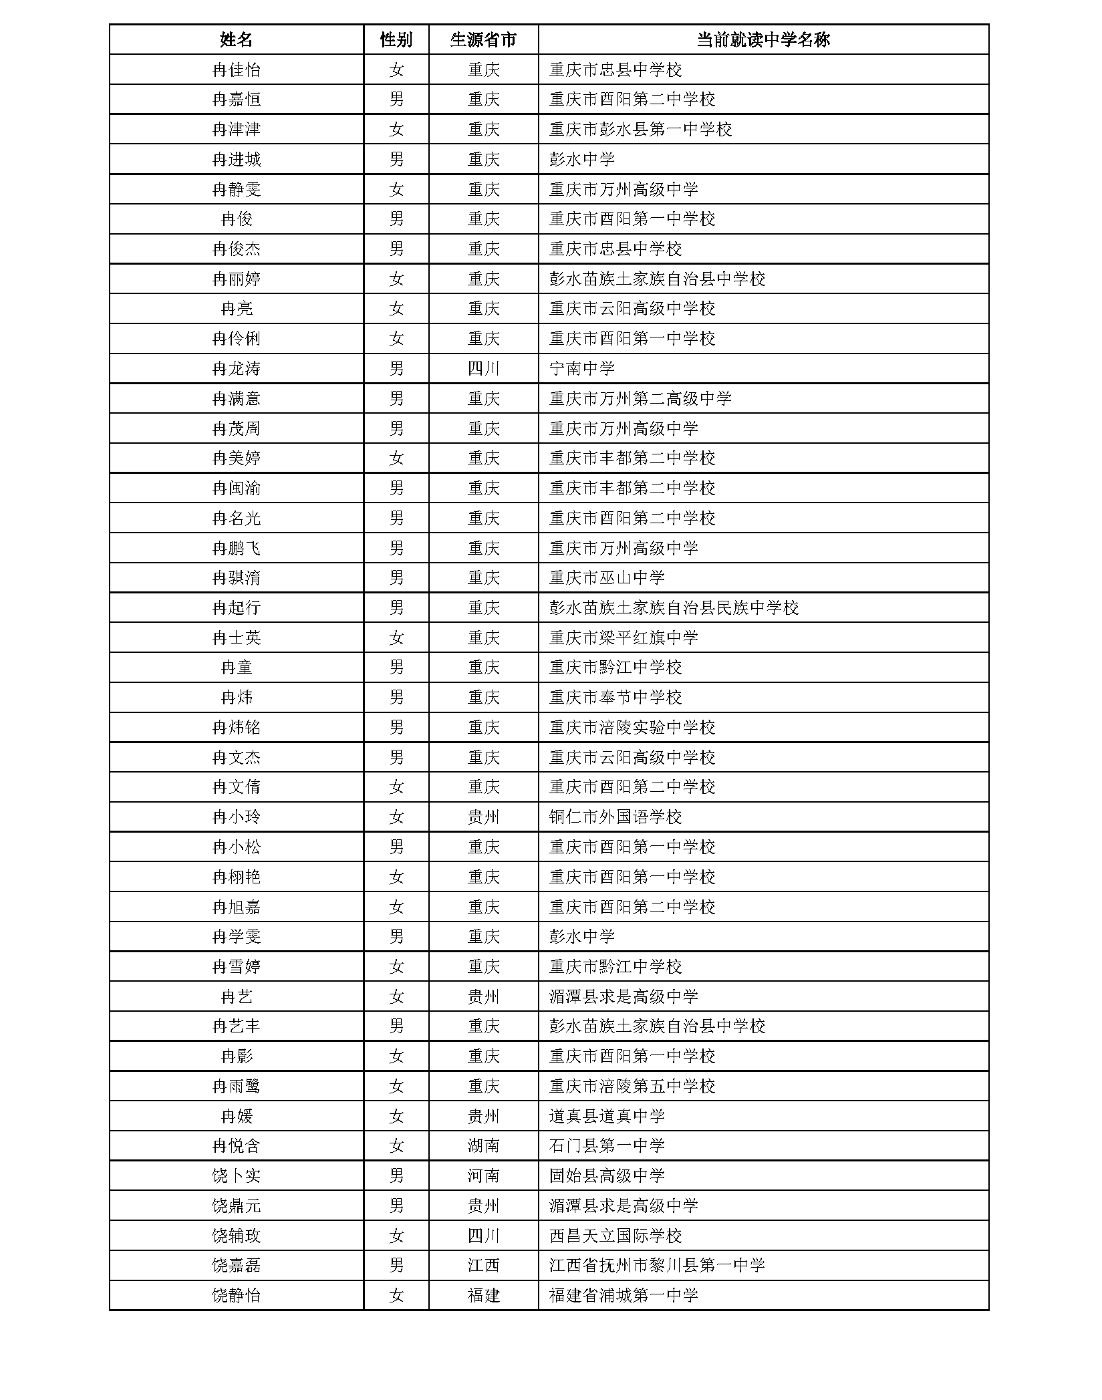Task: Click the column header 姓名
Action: [236, 39]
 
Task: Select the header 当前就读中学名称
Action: [763, 39]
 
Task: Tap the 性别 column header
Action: [396, 39]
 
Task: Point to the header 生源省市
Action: [483, 39]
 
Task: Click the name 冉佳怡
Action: [236, 69]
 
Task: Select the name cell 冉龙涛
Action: [236, 368]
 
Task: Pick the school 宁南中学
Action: [581, 368]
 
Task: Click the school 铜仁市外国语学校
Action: [615, 817]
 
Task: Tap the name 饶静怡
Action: [236, 1295]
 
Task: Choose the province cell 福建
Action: [483, 1295]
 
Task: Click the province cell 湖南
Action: [483, 1146]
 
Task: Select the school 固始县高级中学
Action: [607, 1175]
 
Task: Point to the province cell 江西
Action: [483, 1266]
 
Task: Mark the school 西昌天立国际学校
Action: [615, 1236]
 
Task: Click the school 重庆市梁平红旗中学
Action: [624, 638]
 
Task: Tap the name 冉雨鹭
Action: [236, 1086]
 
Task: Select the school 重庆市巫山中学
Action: [607, 577]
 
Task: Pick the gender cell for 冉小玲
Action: [396, 817]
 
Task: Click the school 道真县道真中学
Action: [607, 1116]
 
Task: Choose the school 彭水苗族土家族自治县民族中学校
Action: [674, 607]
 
